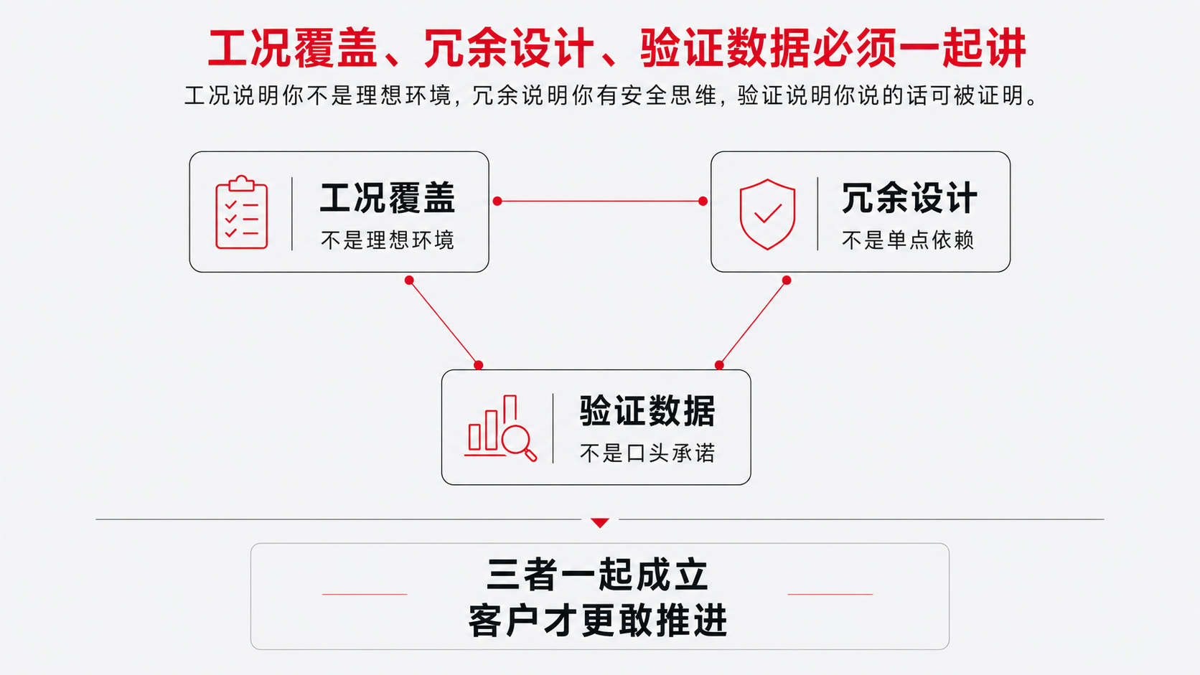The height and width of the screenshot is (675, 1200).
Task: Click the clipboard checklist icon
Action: [242, 212]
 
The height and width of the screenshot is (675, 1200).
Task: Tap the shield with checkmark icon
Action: [767, 214]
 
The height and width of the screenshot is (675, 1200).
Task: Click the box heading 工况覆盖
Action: [388, 198]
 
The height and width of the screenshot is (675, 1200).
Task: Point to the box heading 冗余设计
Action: [909, 198]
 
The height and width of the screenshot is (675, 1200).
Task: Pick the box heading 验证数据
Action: [647, 411]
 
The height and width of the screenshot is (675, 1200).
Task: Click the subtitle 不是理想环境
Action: [388, 240]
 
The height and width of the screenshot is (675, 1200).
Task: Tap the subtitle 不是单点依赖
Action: [908, 240]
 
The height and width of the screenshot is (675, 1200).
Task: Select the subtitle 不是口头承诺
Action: [647, 453]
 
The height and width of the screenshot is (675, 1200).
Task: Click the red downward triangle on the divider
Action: [600, 522]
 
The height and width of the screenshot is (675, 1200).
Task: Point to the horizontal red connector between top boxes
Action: [600, 202]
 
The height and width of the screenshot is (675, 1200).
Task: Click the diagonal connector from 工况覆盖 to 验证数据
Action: [444, 323]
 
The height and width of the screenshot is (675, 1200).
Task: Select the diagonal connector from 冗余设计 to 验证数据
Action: [753, 323]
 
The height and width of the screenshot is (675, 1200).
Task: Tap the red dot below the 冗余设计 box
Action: [787, 280]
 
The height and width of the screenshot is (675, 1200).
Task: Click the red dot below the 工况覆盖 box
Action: [409, 280]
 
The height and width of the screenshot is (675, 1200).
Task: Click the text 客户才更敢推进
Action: [597, 620]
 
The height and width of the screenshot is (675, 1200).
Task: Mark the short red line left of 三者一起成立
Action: [365, 594]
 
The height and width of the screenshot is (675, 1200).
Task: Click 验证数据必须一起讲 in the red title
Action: [833, 48]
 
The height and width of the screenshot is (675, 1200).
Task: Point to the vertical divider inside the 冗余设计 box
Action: [817, 214]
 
